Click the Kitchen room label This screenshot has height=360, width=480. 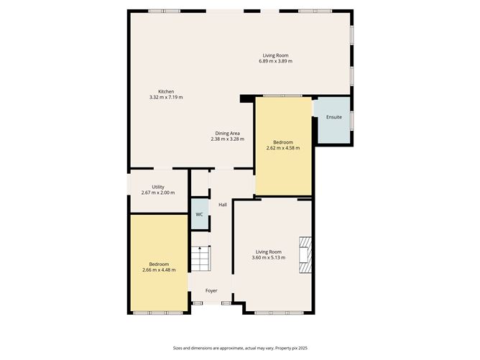tap(166, 91)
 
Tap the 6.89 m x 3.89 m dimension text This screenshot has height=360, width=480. tap(275, 61)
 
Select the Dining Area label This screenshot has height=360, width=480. tap(228, 134)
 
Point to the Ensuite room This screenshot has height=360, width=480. tap(334, 120)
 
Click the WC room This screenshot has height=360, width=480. tap(200, 214)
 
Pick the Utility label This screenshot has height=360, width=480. tap(158, 187)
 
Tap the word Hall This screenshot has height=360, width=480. tap(223, 205)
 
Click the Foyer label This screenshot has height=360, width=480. tap(211, 291)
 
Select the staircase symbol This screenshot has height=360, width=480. tap(200, 259)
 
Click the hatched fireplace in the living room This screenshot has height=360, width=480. tap(305, 254)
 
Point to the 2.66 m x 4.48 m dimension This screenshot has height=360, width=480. tap(159, 270)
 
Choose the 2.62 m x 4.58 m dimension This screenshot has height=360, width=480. tap(283, 148)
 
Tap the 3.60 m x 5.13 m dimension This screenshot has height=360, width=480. tap(269, 258)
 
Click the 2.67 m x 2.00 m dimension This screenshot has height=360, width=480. tap(158, 193)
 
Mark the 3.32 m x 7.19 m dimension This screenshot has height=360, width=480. tap(166, 97)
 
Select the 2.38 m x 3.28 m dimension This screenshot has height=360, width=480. tap(228, 139)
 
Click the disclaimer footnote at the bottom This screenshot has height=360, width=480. tap(240, 348)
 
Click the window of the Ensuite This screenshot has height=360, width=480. tap(352, 120)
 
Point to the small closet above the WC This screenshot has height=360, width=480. tap(200, 183)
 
